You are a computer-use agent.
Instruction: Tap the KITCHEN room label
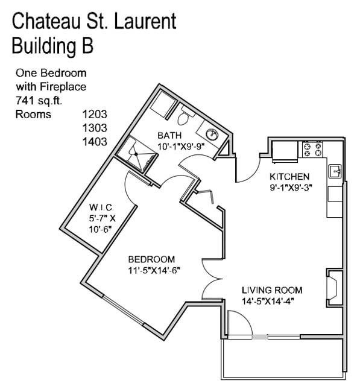coord(289,177)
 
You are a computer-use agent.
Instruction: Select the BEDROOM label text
coord(151,259)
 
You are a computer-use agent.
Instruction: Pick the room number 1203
coord(94,114)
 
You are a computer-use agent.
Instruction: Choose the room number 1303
coord(94,128)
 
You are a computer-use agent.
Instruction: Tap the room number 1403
coord(94,142)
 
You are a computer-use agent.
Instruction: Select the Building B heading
coord(52,45)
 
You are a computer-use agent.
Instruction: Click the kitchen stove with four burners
coord(313,150)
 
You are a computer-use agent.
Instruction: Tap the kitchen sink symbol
coord(335,172)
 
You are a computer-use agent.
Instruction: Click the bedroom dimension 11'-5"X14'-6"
coord(154,270)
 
